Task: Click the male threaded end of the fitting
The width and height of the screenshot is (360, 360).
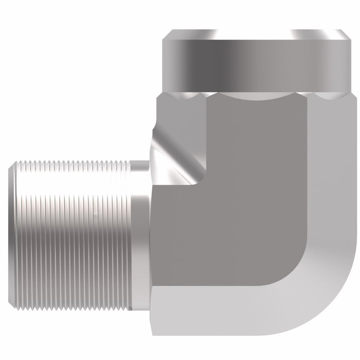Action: (x=72, y=237)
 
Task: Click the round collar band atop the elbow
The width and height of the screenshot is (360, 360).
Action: (x=257, y=59)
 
